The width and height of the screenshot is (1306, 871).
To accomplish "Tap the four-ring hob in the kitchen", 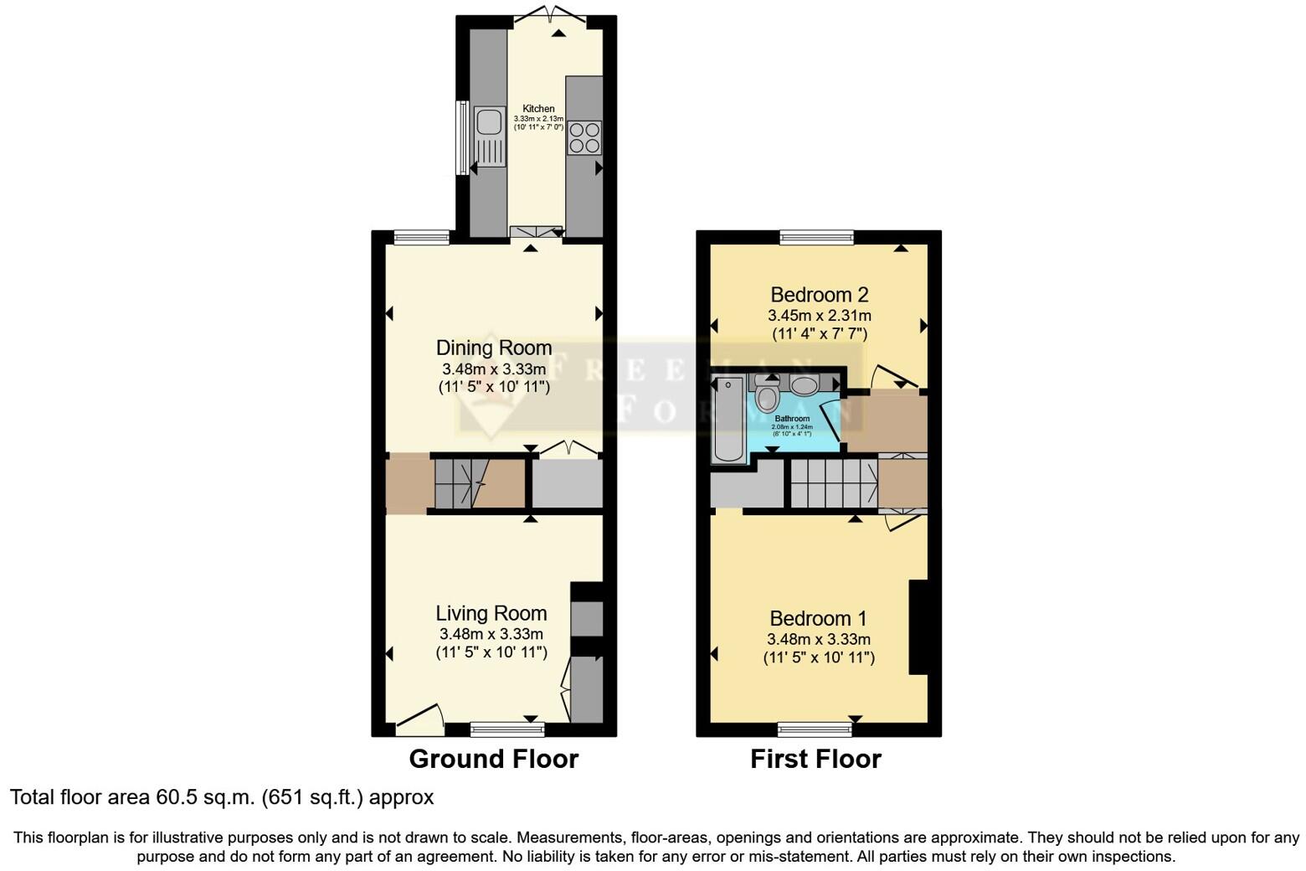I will (584, 137).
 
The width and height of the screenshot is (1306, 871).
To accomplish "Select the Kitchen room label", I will (538, 109).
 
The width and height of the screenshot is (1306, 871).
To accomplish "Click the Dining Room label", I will (494, 348).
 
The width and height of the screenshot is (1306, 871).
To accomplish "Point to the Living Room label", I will (491, 613).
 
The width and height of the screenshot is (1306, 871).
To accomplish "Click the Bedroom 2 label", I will (819, 295).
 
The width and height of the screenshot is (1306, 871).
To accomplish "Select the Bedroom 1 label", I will (818, 618).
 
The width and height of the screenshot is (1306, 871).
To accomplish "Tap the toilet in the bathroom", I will (767, 395).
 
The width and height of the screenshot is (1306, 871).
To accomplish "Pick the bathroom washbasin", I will (805, 385).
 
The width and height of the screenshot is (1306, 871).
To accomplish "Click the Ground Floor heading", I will (493, 759).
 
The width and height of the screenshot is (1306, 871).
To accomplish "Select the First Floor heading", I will (815, 759).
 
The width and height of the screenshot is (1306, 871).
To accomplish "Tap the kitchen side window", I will (461, 138).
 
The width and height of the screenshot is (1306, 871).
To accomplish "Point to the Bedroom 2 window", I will (816, 238).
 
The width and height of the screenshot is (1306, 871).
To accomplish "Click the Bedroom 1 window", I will (815, 729).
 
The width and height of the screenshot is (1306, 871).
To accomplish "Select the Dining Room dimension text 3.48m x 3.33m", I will (494, 369).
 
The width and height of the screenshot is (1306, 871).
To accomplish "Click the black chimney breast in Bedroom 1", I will (918, 626).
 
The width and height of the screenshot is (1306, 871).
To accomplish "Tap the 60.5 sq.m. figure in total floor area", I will (205, 797).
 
